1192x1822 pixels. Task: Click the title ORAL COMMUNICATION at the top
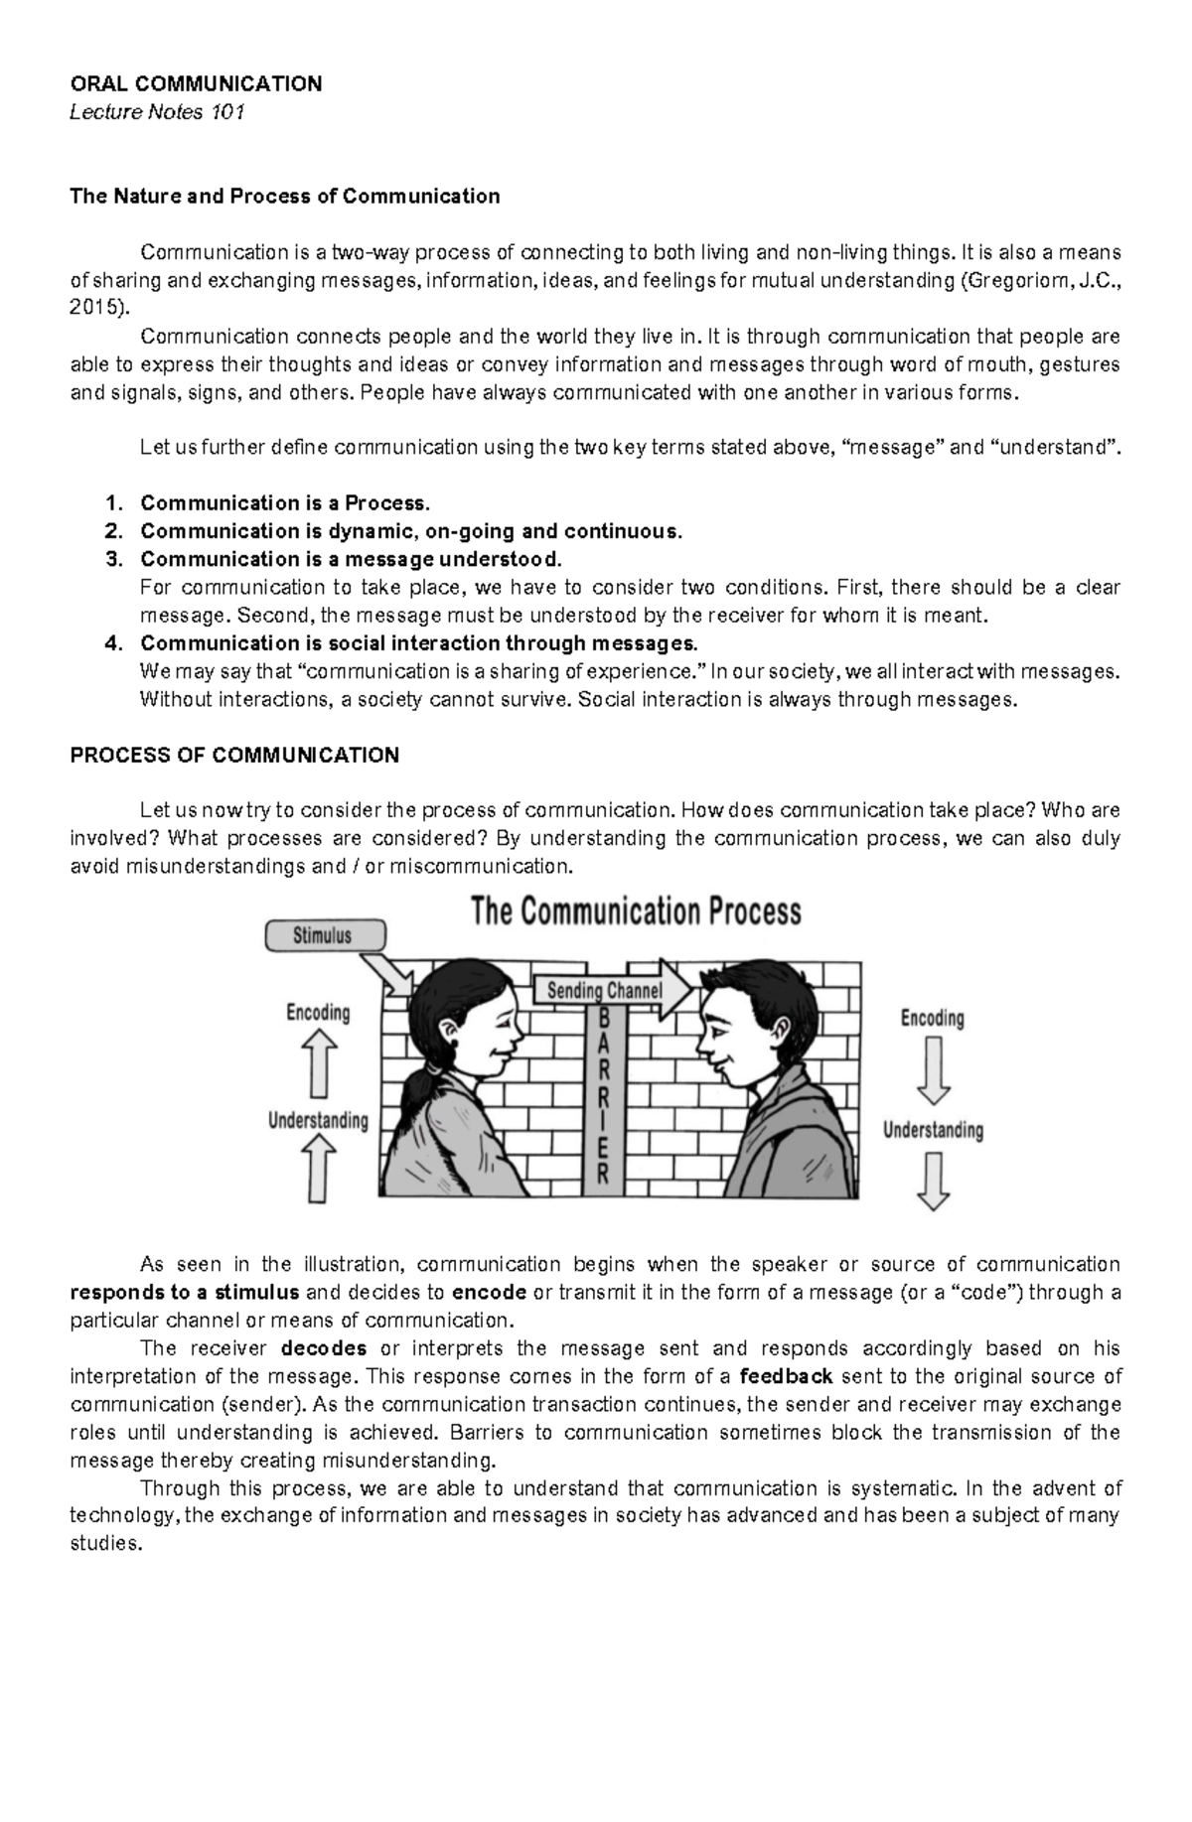[x=196, y=83]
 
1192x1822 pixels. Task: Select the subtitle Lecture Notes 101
[x=156, y=112]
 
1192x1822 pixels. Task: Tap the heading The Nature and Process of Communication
[x=284, y=196]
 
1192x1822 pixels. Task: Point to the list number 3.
[x=113, y=559]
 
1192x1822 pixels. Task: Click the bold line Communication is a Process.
[x=285, y=502]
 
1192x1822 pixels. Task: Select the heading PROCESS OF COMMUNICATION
[x=234, y=755]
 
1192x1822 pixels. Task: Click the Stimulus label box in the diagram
[x=322, y=934]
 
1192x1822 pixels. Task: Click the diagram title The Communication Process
[x=636, y=911]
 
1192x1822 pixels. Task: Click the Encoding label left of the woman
[x=318, y=1012]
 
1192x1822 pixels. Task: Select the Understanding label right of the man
[x=933, y=1130]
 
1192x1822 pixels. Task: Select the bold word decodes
[x=324, y=1348]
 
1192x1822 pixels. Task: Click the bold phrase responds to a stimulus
[x=185, y=1293]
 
